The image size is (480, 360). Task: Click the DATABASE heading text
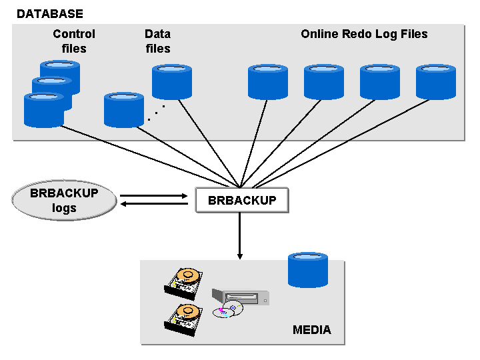pos(50,13)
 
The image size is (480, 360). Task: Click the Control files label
pos(74,41)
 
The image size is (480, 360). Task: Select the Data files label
pos(157,41)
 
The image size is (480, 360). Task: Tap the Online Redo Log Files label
pos(364,34)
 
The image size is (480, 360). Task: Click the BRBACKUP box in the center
pos(242,200)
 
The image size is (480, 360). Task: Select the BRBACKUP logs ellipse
pos(64,201)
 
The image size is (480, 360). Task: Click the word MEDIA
pos(311,330)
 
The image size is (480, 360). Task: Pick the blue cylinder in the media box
pos(307,270)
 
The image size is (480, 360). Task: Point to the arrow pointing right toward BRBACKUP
pos(153,196)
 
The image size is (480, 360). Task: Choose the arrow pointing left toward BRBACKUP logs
pos(153,205)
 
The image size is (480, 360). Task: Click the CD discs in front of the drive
pos(229,310)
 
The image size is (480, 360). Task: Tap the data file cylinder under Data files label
pos(172,82)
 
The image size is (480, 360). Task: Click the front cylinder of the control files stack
pos(43,110)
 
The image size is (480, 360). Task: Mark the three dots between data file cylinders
pos(156,113)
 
